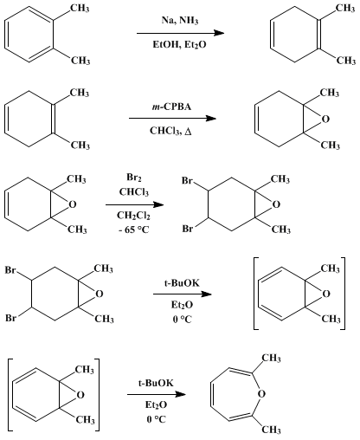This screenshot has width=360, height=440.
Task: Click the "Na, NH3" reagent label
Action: tap(180, 21)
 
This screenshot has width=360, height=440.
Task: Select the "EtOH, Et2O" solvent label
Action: tap(179, 45)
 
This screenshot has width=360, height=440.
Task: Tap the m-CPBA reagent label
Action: tap(171, 107)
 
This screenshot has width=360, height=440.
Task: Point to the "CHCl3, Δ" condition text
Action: tap(170, 131)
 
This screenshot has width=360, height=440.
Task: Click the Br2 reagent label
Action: tap(134, 178)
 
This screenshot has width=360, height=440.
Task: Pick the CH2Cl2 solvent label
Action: tap(133, 216)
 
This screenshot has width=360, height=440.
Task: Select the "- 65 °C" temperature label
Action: tap(134, 230)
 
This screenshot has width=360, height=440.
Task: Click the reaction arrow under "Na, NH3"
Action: tap(180, 33)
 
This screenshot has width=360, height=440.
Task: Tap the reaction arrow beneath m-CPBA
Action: tap(172, 119)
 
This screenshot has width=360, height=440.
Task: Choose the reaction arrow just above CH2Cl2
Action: tap(135, 204)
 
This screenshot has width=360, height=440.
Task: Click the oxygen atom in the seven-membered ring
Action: tap(261, 394)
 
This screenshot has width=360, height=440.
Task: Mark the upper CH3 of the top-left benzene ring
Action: tap(80, 8)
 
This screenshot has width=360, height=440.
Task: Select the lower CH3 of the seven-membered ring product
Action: tap(271, 430)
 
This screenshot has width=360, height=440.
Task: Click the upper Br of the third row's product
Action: tap(187, 181)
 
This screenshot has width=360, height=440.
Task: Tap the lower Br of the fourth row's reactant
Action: tap(11, 318)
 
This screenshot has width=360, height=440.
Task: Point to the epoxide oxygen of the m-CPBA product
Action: tap(325, 119)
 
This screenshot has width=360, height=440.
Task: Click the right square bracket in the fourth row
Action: tap(343, 294)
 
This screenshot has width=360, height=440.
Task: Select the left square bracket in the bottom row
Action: tap(10, 395)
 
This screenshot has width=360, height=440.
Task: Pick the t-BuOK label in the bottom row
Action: tap(156, 383)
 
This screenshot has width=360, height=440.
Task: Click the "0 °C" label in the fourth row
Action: tap(182, 320)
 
